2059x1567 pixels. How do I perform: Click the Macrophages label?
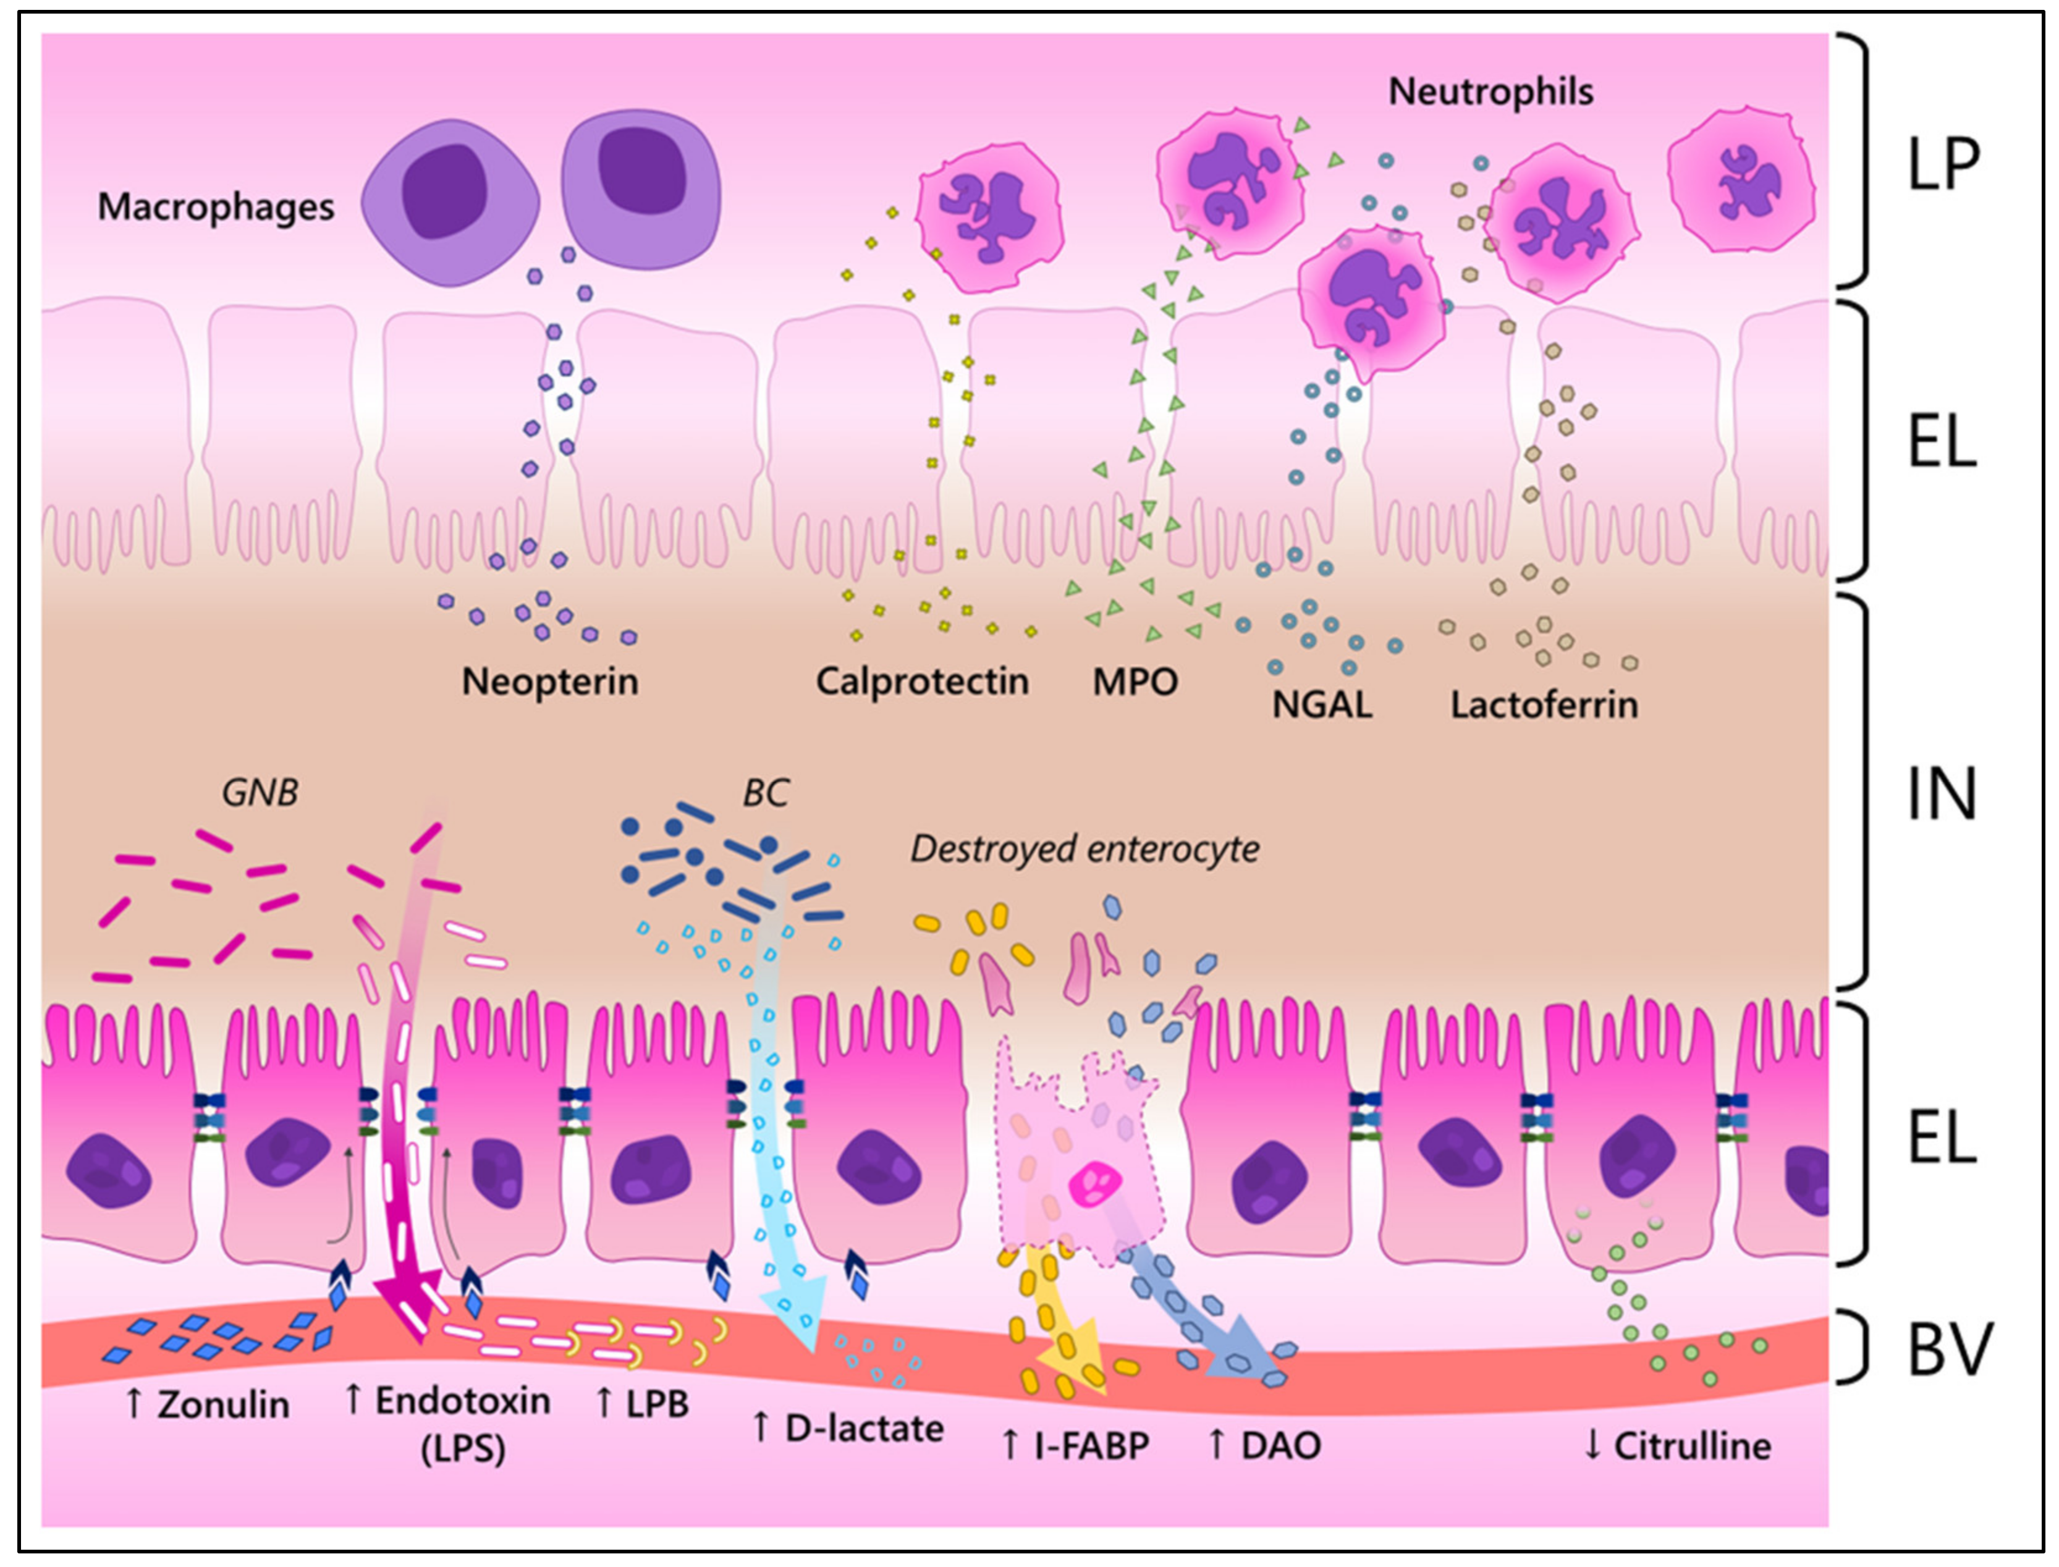tap(216, 207)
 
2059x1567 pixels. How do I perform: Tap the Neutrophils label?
tap(1490, 91)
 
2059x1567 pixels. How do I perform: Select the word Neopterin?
tap(549, 682)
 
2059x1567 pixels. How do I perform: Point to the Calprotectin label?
tap(922, 682)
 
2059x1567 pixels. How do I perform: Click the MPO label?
tap(1135, 682)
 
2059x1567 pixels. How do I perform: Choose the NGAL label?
tap(1322, 705)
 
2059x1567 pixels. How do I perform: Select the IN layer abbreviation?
tap(1940, 794)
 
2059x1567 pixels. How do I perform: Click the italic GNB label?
tap(260, 793)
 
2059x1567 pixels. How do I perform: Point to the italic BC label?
tap(765, 793)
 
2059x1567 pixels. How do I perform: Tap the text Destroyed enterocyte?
tap(1084, 849)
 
